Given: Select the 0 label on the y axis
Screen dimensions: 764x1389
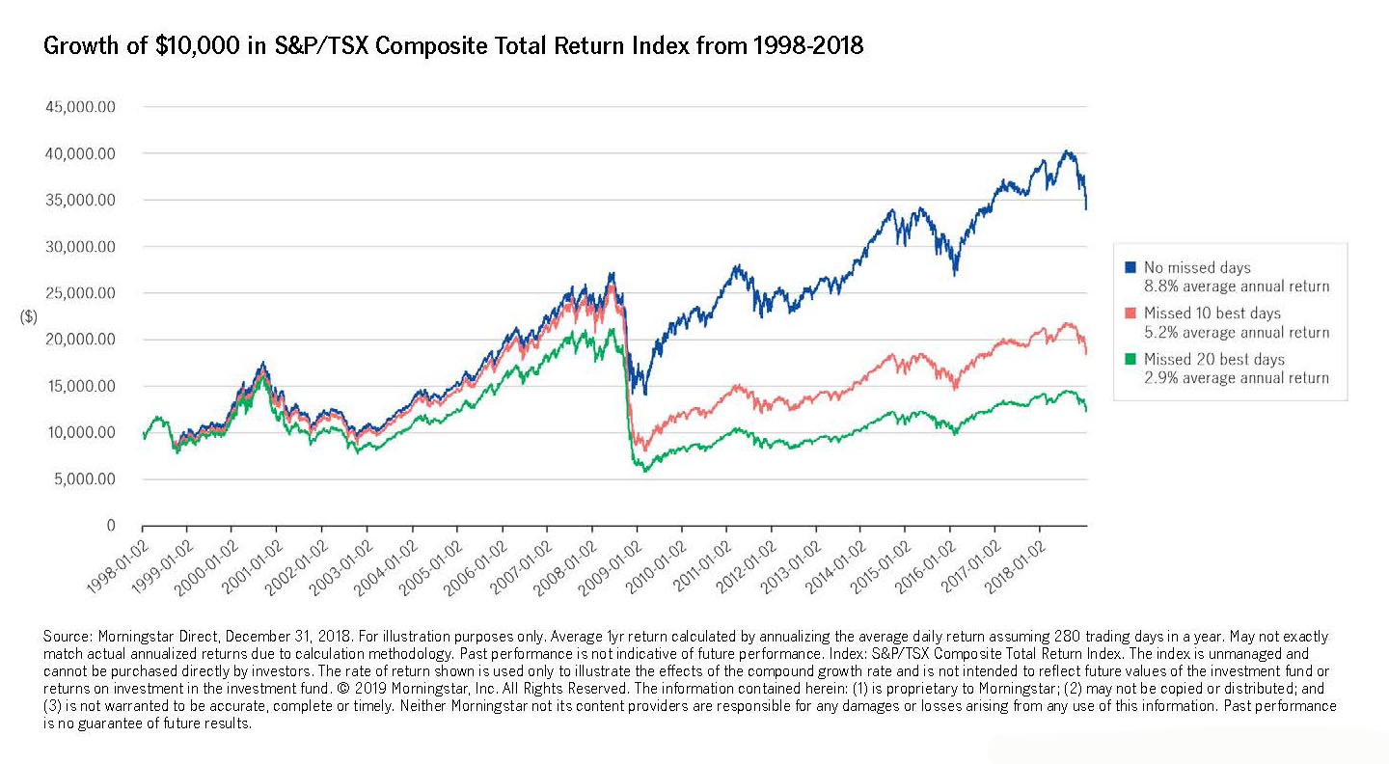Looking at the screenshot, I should coord(110,526).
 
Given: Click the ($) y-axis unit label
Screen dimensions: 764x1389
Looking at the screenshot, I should coord(29,316).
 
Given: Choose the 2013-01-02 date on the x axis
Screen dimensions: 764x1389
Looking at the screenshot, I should coord(789,563).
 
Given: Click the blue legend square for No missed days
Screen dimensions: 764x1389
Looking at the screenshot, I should coord(1130,267).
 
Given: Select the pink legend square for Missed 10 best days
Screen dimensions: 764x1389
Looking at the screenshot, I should coord(1130,314).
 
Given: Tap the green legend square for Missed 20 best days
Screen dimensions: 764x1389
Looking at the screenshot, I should coord(1130,360).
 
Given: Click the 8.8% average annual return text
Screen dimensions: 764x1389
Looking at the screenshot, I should coord(1236,286).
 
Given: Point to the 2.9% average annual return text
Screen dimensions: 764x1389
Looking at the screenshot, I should coord(1236,378).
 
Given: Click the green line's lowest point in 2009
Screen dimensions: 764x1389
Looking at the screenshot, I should coord(644,471).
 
